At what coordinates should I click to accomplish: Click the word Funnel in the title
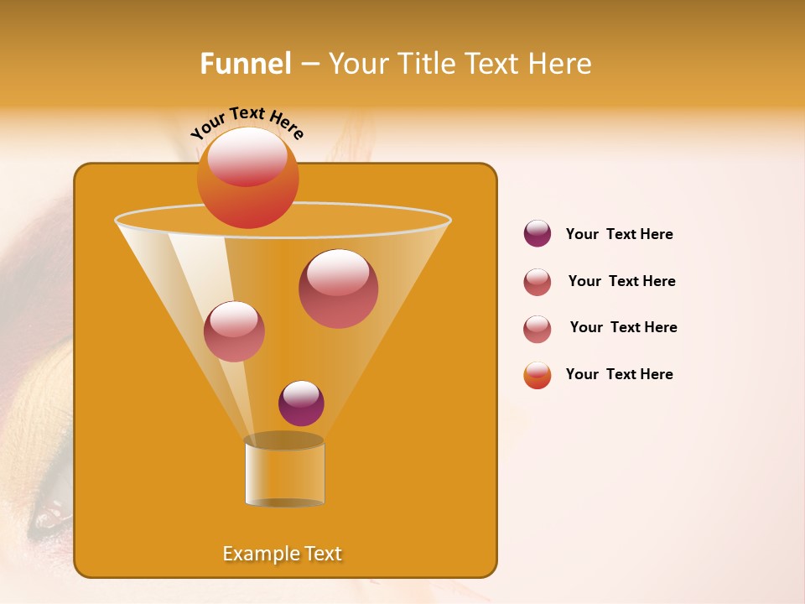246,64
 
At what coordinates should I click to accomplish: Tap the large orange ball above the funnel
248,178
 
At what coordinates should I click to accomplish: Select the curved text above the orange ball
247,123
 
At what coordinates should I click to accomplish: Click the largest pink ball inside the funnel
338,289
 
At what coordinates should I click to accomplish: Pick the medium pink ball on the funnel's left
234,331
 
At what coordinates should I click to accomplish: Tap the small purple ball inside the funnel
301,404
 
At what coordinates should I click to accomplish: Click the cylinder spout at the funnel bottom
284,472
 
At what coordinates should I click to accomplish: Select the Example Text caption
283,554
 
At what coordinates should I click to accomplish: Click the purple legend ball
538,234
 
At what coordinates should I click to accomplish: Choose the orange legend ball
538,375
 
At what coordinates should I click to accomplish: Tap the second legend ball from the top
538,282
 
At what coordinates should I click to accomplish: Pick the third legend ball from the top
538,329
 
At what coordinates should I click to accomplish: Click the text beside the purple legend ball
619,235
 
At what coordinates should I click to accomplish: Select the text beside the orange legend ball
619,374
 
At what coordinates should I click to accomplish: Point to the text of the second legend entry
621,281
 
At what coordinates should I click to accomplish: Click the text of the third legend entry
623,327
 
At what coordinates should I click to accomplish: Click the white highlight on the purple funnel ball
301,393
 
